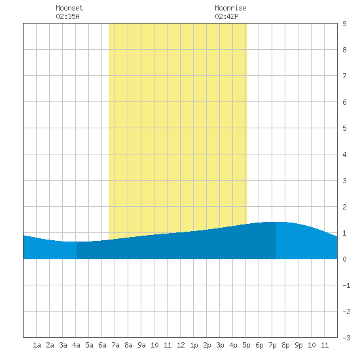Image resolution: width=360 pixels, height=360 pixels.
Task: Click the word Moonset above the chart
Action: pyautogui.click(x=69, y=8)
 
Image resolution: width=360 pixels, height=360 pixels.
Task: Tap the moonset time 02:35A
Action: pyautogui.click(x=67, y=16)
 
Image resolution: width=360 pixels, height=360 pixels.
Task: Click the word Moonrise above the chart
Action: pyautogui.click(x=230, y=8)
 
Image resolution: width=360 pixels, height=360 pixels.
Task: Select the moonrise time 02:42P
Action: pyautogui.click(x=227, y=16)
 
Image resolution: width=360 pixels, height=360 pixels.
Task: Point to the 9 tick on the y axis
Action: pyautogui.click(x=344, y=24)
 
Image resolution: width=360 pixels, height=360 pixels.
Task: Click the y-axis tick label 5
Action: pyautogui.click(x=344, y=128)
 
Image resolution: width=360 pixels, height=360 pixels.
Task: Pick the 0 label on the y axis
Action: pyautogui.click(x=344, y=259)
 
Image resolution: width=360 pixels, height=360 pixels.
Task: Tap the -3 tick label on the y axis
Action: pyautogui.click(x=346, y=338)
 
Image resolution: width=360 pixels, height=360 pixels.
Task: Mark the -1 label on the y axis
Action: pyautogui.click(x=346, y=285)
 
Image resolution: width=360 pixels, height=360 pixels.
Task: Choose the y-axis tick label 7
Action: pyautogui.click(x=344, y=76)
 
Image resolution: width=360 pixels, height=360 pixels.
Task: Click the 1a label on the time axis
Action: pyautogui.click(x=37, y=345)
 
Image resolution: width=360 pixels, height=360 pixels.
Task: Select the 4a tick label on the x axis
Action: pyautogui.click(x=76, y=345)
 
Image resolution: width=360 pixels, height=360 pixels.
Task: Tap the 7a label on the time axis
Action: pyautogui.click(x=115, y=345)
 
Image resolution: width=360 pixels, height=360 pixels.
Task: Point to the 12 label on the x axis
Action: pyautogui.click(x=181, y=345)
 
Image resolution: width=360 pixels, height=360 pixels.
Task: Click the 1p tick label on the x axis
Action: pyautogui.click(x=194, y=345)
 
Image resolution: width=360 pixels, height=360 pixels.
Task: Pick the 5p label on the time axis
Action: pyautogui.click(x=246, y=345)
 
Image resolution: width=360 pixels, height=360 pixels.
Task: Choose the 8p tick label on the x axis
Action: pyautogui.click(x=285, y=345)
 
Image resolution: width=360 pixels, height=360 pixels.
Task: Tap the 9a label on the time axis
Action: pyautogui.click(x=141, y=345)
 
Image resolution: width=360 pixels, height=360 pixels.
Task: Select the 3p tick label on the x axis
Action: pyautogui.click(x=220, y=345)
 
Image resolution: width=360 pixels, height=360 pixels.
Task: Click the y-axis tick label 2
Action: pyautogui.click(x=344, y=207)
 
